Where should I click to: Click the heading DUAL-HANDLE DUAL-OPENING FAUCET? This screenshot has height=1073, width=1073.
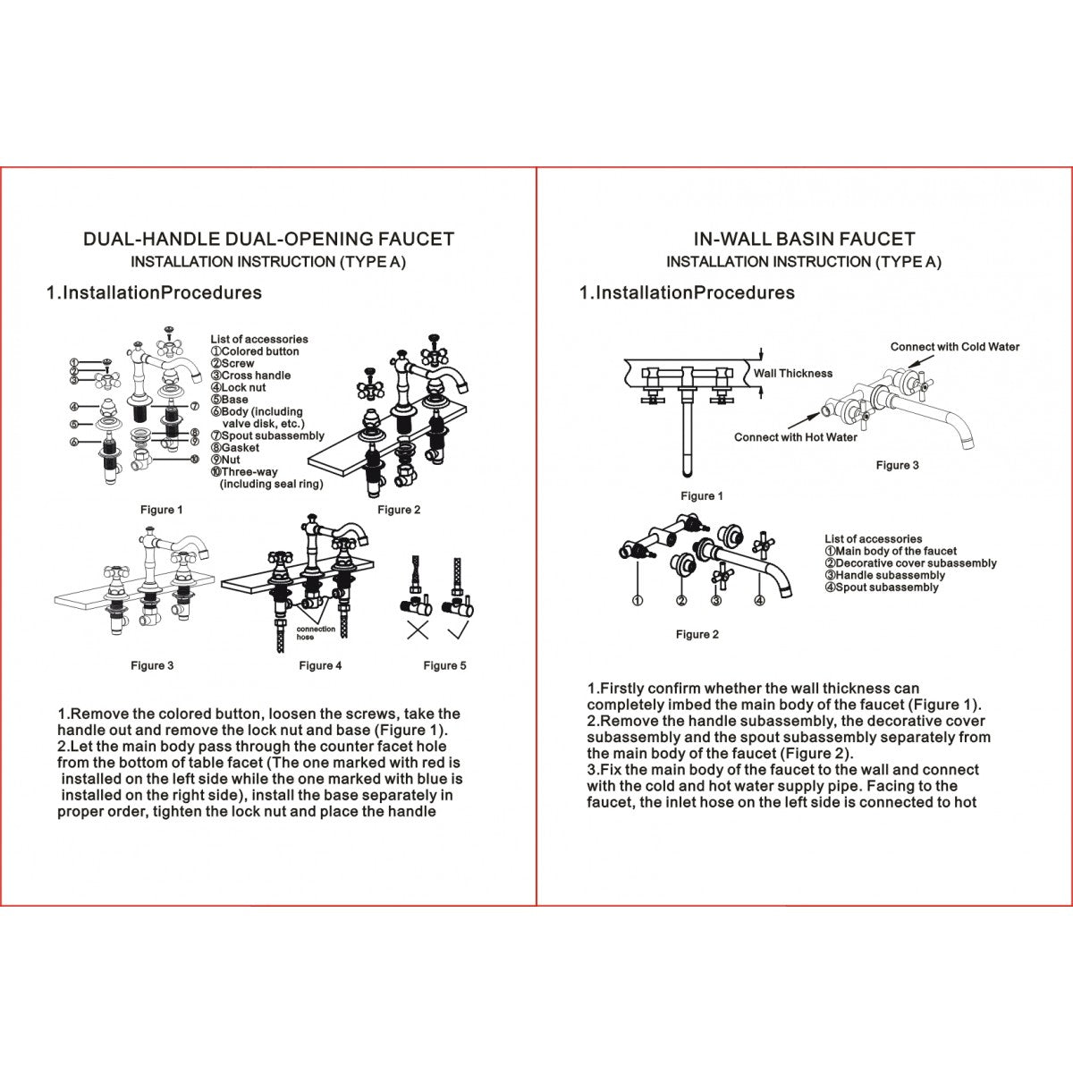(268, 240)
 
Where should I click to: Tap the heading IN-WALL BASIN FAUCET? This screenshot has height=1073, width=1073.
(804, 240)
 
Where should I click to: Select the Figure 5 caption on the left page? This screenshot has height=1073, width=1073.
(444, 665)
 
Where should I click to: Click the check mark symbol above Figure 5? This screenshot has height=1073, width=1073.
(459, 629)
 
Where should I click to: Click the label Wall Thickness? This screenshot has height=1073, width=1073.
(792, 374)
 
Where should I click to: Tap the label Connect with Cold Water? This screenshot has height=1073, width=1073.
(954, 347)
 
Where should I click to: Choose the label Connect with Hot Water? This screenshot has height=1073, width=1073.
(795, 437)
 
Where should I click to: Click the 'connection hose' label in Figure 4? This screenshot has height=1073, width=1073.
(317, 633)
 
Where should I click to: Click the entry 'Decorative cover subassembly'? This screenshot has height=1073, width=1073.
(915, 563)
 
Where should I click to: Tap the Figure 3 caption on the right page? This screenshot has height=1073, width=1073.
(897, 465)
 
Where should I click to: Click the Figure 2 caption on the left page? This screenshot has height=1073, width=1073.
(399, 510)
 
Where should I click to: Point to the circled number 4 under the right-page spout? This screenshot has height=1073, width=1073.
(759, 601)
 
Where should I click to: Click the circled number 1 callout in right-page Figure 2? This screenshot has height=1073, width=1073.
(637, 601)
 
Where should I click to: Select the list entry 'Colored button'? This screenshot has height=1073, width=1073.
(259, 351)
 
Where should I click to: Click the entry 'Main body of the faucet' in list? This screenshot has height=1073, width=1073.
(895, 552)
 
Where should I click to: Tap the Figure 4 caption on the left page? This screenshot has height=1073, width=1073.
(320, 665)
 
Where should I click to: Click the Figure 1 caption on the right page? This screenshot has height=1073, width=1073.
(702, 496)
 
